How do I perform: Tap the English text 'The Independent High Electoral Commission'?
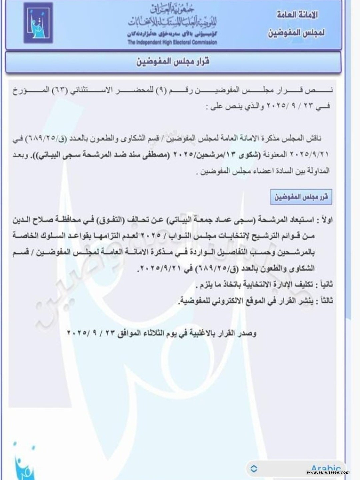click(x=172, y=42)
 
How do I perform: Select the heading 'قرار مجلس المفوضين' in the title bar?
click(x=173, y=62)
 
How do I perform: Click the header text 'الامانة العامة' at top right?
click(x=297, y=15)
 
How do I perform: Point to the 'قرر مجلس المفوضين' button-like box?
click(x=301, y=197)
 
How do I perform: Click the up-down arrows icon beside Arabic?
click(x=254, y=468)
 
